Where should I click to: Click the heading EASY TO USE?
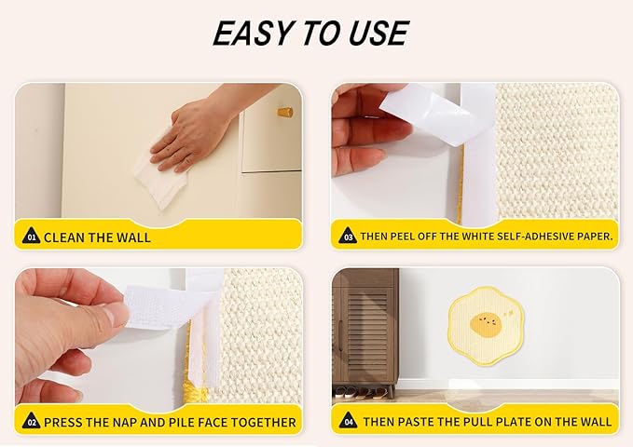click(x=310, y=34)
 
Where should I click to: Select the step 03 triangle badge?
click(x=347, y=237)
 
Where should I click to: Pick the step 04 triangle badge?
click(x=347, y=421)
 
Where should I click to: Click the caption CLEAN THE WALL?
click(x=97, y=237)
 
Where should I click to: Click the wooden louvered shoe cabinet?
click(x=365, y=326)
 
